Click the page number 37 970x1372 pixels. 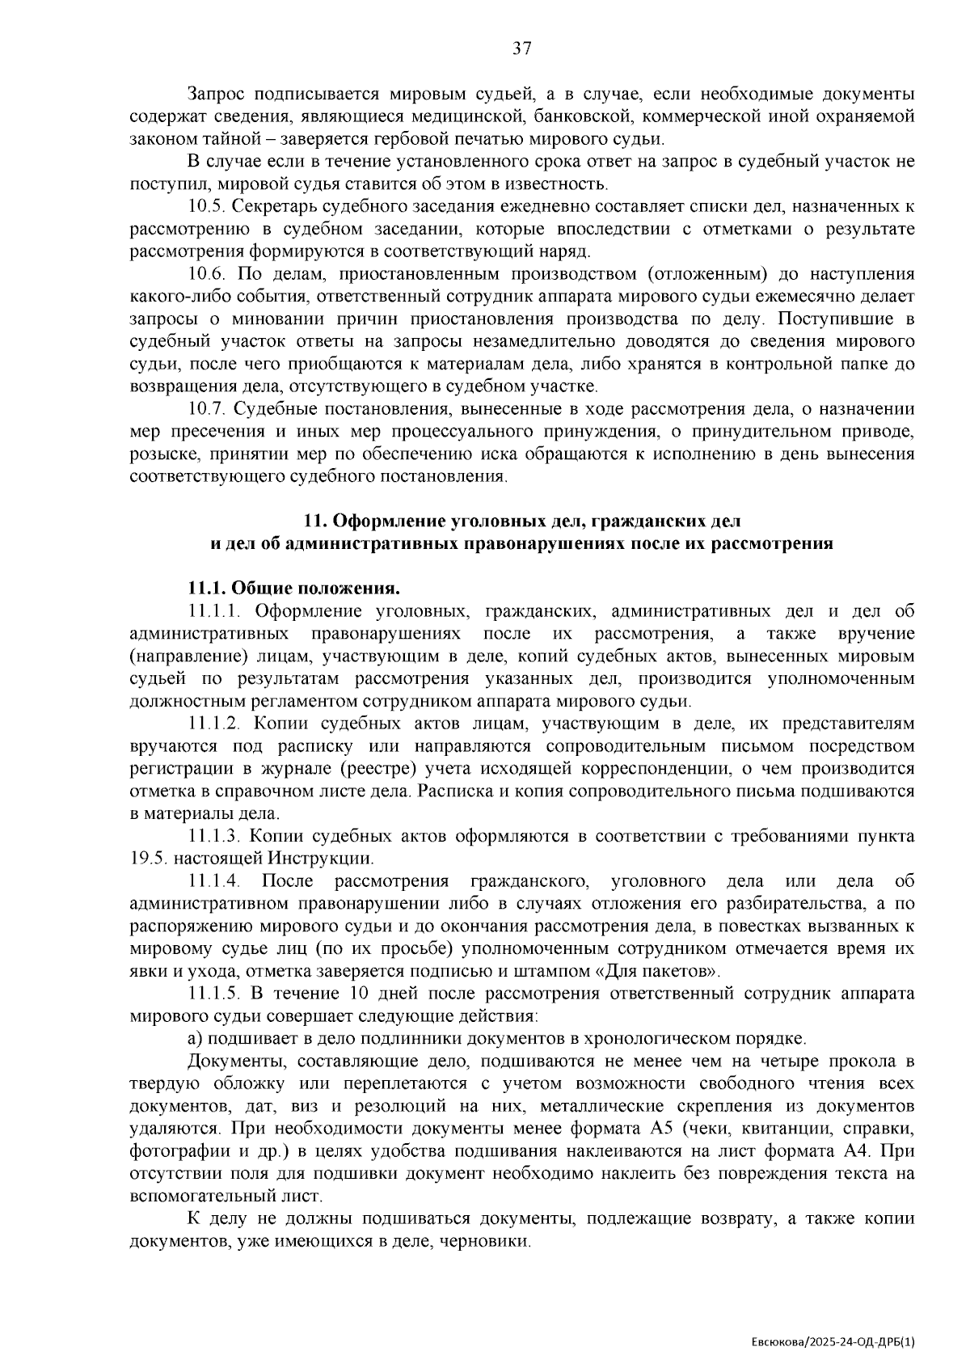(522, 49)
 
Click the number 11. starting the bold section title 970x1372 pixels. (314, 521)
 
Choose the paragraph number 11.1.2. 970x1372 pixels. (211, 723)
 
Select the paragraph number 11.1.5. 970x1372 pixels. (211, 993)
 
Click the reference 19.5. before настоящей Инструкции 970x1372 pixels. (148, 858)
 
